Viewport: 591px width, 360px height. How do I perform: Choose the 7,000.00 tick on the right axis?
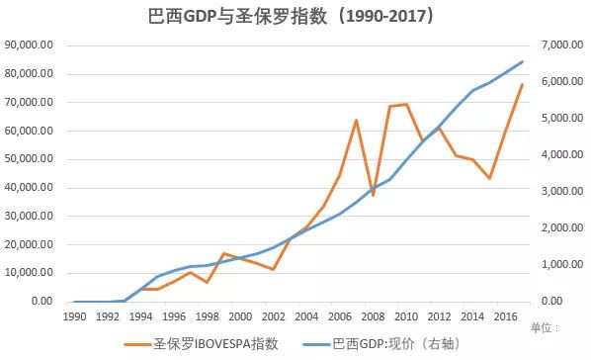(557, 45)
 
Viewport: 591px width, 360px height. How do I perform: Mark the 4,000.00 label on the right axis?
(557, 155)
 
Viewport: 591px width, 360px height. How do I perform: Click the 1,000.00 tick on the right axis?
(557, 265)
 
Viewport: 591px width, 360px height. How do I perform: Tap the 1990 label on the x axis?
(75, 315)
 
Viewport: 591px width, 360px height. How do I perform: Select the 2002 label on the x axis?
(273, 315)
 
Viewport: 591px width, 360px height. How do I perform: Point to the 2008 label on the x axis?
(372, 315)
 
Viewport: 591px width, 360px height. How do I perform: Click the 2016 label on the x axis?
(504, 315)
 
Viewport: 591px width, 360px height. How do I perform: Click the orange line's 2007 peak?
(356, 121)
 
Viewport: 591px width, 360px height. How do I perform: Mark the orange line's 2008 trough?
(373, 196)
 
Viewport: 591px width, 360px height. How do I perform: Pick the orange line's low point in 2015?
(488, 178)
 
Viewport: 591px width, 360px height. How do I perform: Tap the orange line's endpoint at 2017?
(522, 85)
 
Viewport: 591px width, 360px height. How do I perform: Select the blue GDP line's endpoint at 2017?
(522, 61)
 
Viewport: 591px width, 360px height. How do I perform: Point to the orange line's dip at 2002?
(273, 269)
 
